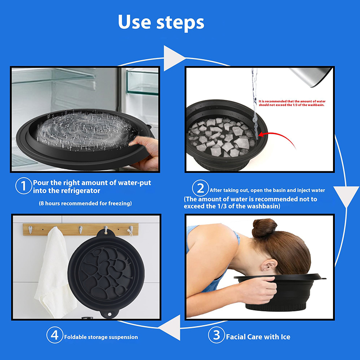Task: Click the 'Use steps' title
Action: (x=161, y=22)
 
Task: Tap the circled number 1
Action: (x=23, y=186)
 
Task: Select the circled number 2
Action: (x=200, y=188)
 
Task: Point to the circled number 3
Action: (x=216, y=335)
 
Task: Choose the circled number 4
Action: (x=54, y=335)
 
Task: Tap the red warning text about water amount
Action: (x=292, y=103)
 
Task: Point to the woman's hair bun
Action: (x=264, y=228)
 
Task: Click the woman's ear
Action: (x=269, y=266)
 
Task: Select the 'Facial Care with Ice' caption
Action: (x=258, y=337)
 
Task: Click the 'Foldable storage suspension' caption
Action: (x=101, y=337)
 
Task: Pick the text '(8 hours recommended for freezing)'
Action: (x=85, y=203)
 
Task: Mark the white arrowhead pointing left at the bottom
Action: (x=170, y=328)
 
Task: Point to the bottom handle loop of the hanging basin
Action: (x=109, y=314)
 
